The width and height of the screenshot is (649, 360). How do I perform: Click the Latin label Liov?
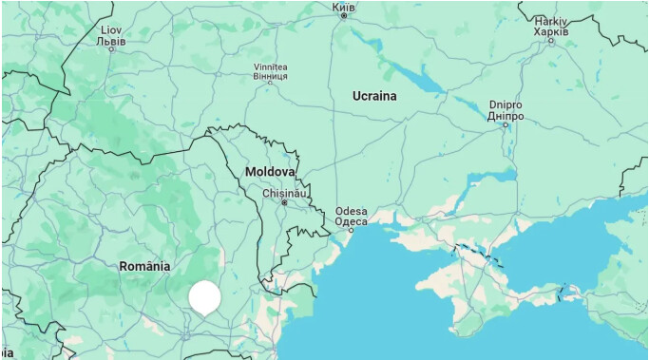click(110, 29)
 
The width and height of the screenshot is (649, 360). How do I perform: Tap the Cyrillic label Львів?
click(110, 40)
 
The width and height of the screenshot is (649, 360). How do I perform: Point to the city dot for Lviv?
click(111, 49)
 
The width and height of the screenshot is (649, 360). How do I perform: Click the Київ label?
click(343, 6)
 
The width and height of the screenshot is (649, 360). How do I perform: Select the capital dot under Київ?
click(344, 15)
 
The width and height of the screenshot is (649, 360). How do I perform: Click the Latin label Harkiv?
click(550, 20)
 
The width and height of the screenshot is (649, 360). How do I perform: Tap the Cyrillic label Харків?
click(550, 30)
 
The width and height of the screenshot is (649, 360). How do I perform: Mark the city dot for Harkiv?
click(551, 41)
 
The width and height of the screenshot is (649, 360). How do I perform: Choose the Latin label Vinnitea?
click(270, 66)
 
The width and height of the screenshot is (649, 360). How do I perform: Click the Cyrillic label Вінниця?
click(270, 75)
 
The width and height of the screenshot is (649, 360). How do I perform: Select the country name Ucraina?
click(374, 96)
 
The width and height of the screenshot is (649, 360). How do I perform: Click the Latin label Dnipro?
click(506, 104)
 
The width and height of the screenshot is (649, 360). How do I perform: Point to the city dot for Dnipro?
click(506, 124)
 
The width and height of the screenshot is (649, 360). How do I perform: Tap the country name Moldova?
click(269, 172)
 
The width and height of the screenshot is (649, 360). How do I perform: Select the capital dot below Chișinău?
click(284, 202)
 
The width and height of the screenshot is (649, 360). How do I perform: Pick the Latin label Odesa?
click(351, 211)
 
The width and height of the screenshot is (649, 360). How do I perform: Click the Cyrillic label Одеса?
click(351, 221)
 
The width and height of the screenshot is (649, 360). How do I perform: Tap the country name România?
click(144, 266)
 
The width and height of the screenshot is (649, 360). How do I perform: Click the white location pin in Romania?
click(204, 297)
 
